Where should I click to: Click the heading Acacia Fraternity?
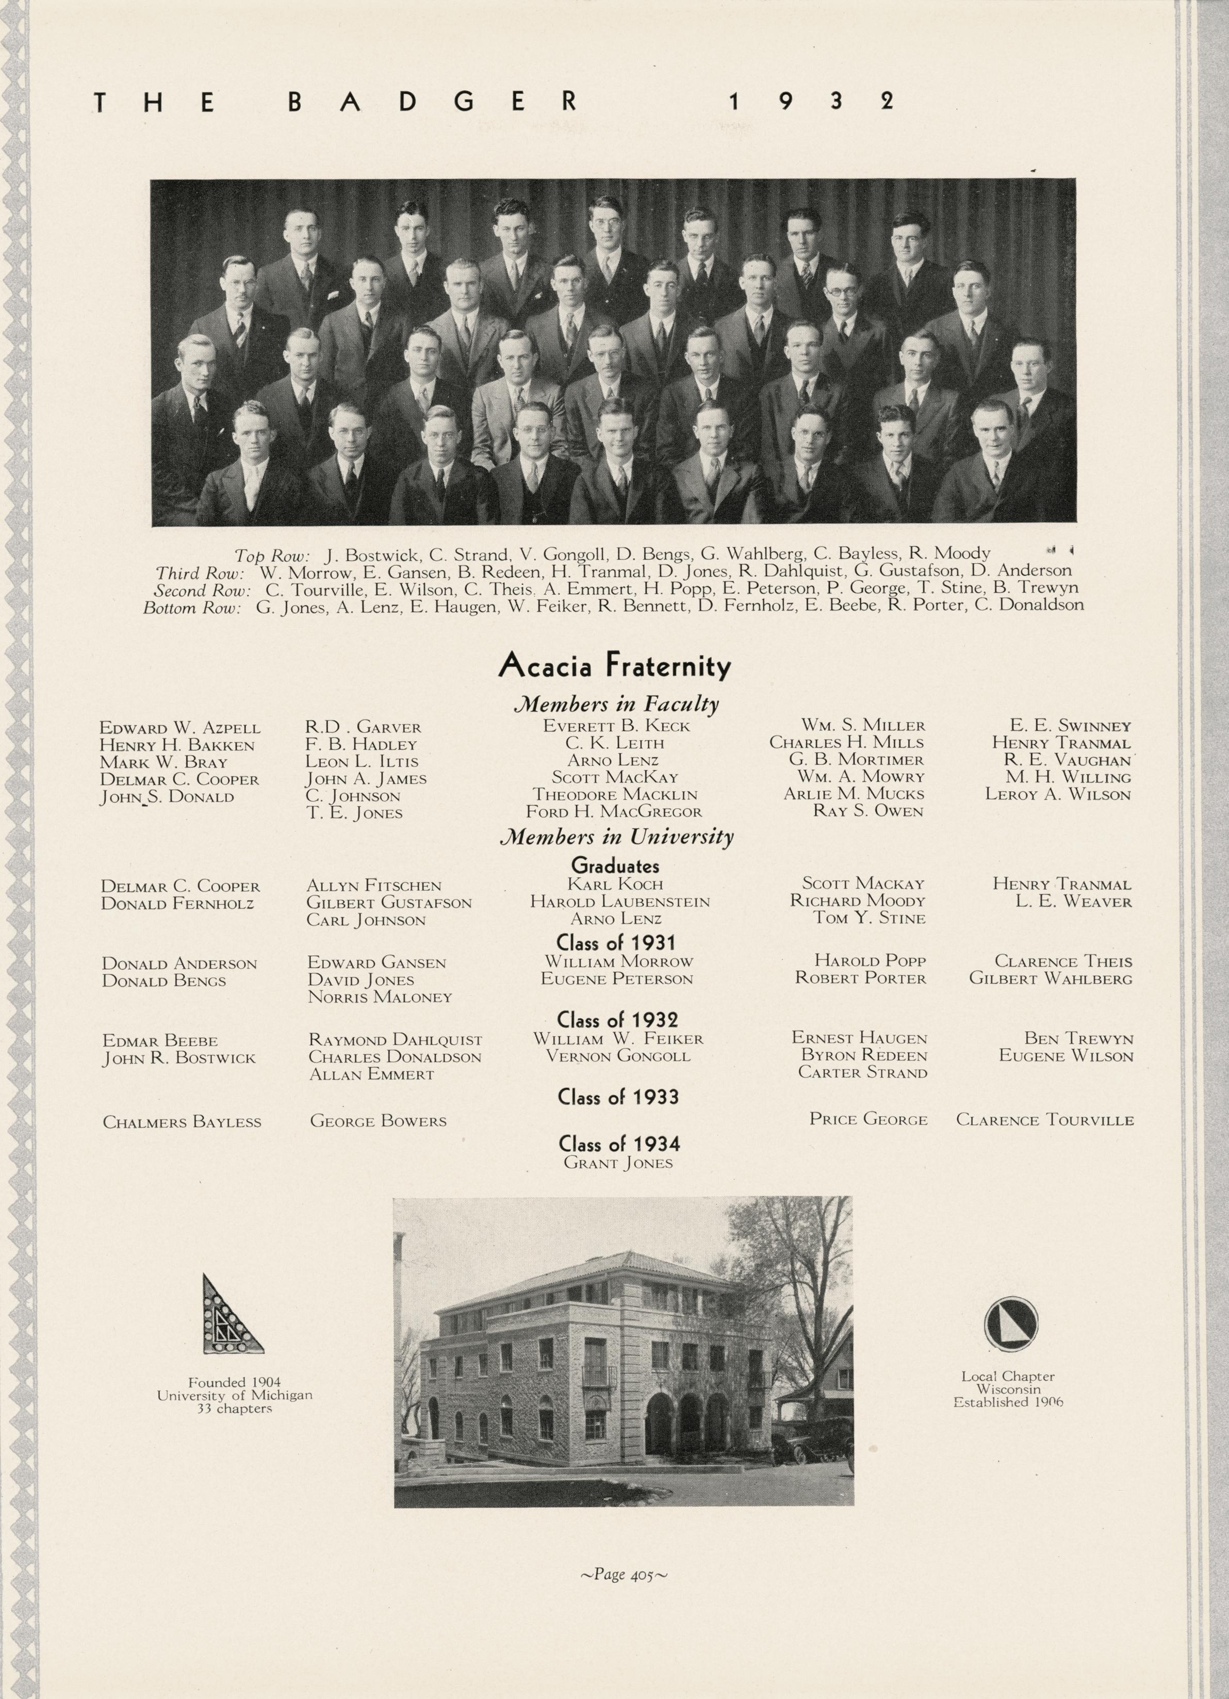[614, 666]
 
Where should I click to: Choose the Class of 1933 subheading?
[618, 1098]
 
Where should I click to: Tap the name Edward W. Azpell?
[180, 727]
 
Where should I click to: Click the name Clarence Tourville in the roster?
[1045, 1121]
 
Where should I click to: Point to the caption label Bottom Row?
[192, 608]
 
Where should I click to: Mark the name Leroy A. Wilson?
[1057, 794]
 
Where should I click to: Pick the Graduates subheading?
[615, 866]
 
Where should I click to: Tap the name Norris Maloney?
[380, 997]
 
